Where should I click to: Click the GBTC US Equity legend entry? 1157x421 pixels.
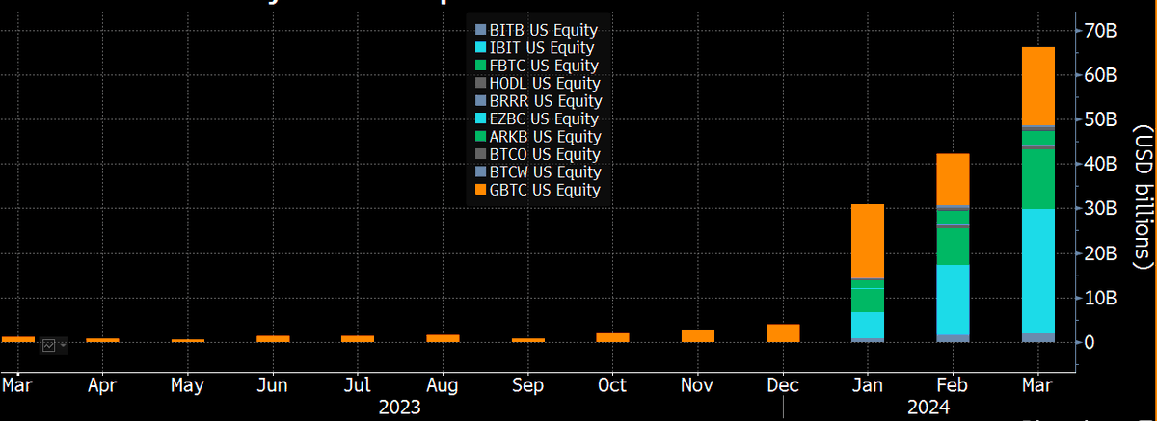pos(544,191)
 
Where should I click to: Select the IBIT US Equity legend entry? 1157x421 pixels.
pos(541,47)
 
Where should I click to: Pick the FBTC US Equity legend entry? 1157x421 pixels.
pos(544,66)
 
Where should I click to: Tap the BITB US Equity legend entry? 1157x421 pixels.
pos(543,30)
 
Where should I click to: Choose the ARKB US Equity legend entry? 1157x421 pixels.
pos(544,137)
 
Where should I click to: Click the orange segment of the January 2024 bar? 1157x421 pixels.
pos(868,241)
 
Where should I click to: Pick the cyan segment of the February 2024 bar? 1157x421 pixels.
pos(953,299)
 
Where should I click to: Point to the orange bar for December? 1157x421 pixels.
pos(783,332)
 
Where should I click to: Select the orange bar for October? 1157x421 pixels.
pos(613,337)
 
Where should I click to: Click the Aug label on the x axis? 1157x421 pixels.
pos(443,383)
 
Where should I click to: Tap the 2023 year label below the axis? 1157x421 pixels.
pos(399,408)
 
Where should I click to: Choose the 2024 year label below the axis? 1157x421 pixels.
pos(925,408)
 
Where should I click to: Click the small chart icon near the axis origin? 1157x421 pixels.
pos(48,345)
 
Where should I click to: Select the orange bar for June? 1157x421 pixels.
pos(273,338)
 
